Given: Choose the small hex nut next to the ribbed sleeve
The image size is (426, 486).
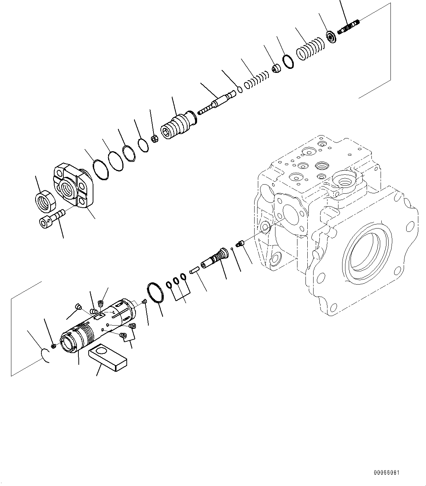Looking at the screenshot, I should (155, 139).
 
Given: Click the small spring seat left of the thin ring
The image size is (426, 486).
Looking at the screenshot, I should (277, 68).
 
